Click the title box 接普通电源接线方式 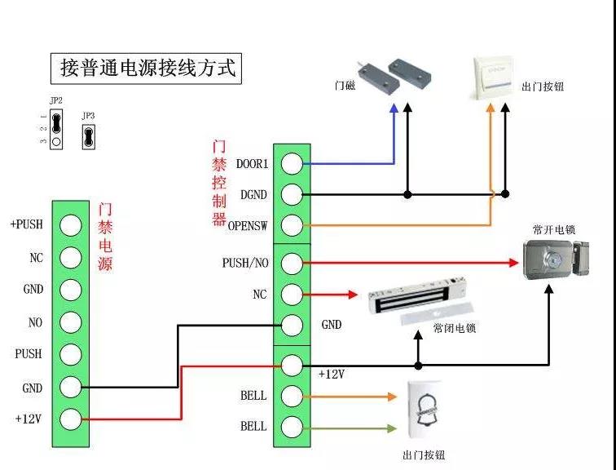[147, 68]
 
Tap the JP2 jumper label [55, 100]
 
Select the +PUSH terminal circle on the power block [71, 225]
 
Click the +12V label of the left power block [29, 419]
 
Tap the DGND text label [253, 194]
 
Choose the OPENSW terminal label [248, 225]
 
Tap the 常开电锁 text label [553, 230]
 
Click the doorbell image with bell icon [424, 410]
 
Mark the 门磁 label [345, 86]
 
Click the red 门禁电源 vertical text [104, 237]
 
